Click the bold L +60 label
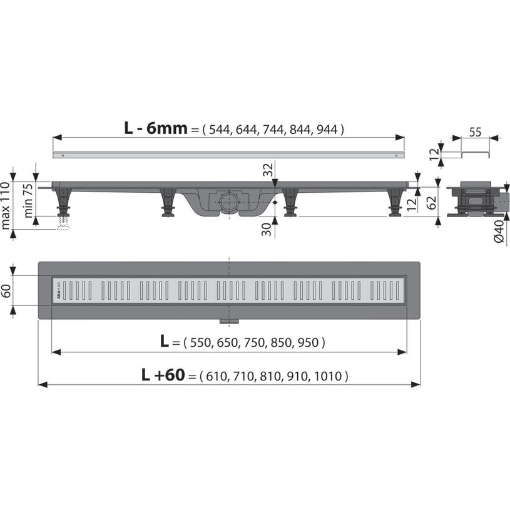[162, 375]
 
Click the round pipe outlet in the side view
[228, 201]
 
